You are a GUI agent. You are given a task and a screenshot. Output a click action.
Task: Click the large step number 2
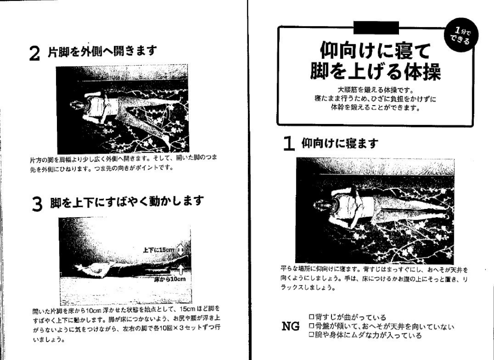tap(35, 54)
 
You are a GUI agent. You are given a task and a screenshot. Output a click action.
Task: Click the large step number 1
tap(288, 144)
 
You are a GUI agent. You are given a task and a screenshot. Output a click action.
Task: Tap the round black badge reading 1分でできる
tap(461, 35)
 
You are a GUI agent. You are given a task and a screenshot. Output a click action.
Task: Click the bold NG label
tap(290, 326)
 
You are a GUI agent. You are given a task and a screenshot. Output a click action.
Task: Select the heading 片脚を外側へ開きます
tap(102, 51)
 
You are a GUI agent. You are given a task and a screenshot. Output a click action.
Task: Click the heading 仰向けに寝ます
tap(340, 143)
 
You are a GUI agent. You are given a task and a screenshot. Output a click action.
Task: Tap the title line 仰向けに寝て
tap(375, 50)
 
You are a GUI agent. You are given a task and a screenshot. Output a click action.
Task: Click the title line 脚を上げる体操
tap(375, 72)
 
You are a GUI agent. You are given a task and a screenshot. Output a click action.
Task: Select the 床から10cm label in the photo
tap(170, 279)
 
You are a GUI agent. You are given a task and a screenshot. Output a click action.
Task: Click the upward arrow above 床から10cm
tap(180, 270)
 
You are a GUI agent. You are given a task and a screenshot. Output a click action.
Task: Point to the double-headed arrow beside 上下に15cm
tap(180, 250)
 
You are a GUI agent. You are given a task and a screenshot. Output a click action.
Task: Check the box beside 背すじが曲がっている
tap(311, 317)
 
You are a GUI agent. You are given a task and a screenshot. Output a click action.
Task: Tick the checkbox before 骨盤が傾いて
tap(311, 326)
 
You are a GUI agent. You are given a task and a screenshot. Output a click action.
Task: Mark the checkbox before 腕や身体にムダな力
tap(311, 335)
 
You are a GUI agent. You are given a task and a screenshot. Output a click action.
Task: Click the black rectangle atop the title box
tap(376, 28)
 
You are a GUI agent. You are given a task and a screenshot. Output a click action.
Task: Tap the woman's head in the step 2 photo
tap(77, 106)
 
